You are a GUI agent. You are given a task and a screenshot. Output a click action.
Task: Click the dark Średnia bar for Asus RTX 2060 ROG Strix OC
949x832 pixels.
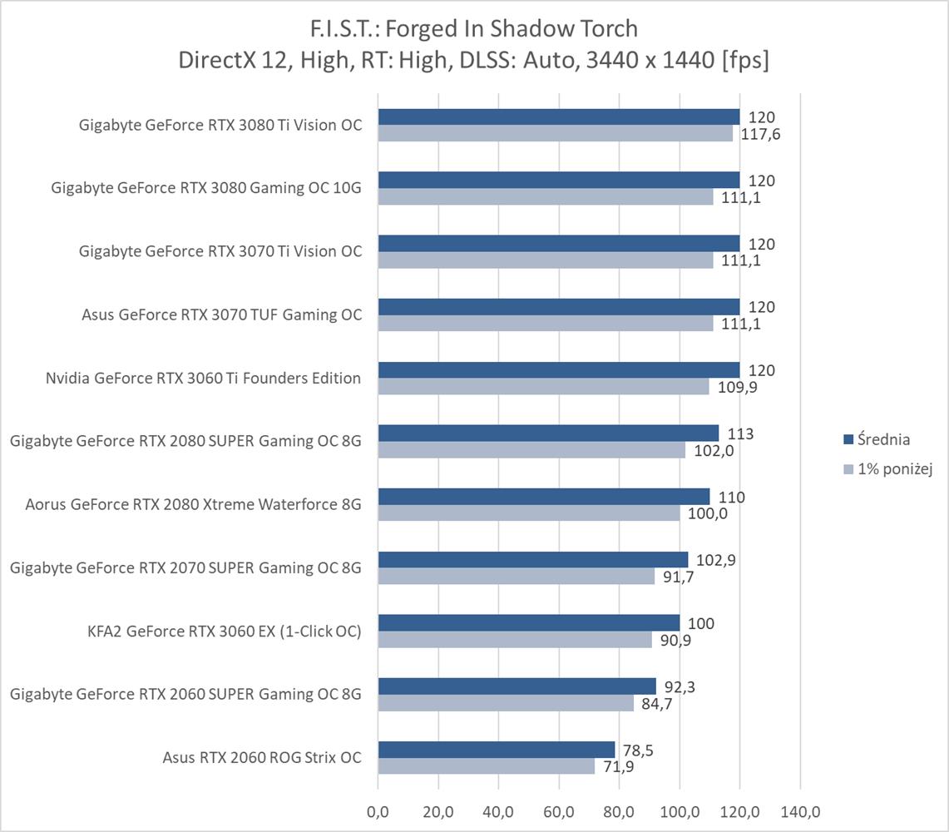coord(496,750)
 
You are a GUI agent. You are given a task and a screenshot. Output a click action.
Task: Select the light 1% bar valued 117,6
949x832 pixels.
coord(555,133)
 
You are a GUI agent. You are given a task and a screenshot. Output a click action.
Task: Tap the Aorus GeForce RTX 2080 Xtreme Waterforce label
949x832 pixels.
coord(193,504)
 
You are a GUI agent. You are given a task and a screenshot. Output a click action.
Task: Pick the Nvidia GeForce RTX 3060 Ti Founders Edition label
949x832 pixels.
coord(203,378)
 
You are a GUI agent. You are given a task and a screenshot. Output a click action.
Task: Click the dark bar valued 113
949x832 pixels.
coord(548,433)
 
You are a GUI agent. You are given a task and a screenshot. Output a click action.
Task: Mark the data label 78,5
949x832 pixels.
coord(639,750)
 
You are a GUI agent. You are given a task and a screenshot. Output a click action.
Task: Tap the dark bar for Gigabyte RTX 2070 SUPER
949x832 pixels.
coord(532,560)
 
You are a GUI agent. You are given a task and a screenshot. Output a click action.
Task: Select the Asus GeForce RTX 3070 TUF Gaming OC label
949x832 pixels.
coord(222,314)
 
